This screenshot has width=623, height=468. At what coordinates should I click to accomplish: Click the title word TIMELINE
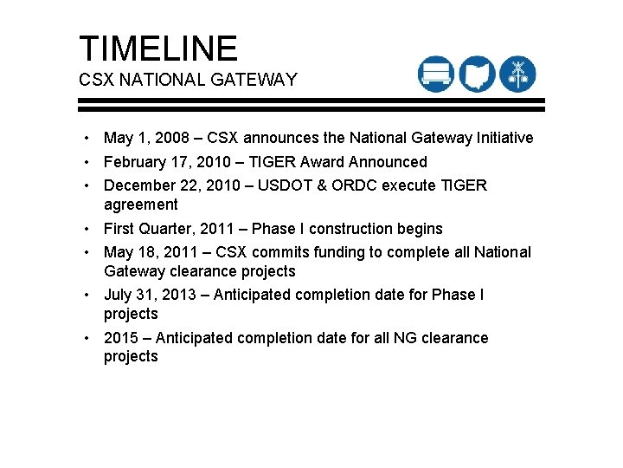[x=157, y=49]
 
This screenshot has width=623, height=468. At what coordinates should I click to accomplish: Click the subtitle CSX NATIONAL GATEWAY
[x=188, y=80]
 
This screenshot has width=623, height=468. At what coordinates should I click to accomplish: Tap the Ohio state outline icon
[x=477, y=74]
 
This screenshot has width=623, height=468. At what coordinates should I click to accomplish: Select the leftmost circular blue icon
[x=435, y=74]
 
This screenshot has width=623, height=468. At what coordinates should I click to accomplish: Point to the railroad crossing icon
[x=518, y=74]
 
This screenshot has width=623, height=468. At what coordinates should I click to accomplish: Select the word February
[x=137, y=162]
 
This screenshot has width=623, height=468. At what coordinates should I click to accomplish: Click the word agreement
[x=140, y=205]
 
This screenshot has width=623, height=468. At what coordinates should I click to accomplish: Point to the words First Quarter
[x=148, y=229]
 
